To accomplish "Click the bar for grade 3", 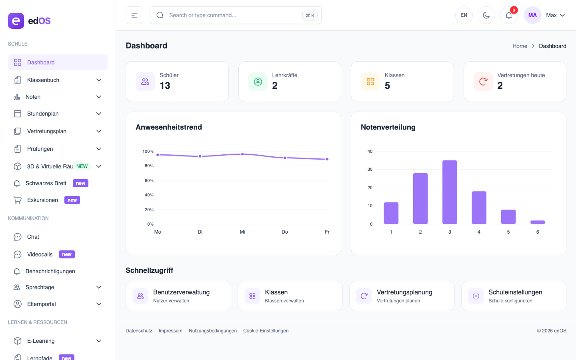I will pyautogui.click(x=450, y=192).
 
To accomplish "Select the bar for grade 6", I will pyautogui.click(x=538, y=222).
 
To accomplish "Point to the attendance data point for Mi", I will pyautogui.click(x=242, y=154).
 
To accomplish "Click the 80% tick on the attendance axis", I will pyautogui.click(x=149, y=166).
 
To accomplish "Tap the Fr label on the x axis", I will pyautogui.click(x=327, y=232).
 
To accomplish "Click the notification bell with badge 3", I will pyautogui.click(x=509, y=15).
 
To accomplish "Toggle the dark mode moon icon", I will pyautogui.click(x=486, y=15).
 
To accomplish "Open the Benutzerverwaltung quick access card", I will pyautogui.click(x=178, y=296).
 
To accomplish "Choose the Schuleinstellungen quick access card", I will pyautogui.click(x=514, y=296).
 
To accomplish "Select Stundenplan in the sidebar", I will pyautogui.click(x=43, y=114).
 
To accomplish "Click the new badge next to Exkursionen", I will pyautogui.click(x=72, y=200).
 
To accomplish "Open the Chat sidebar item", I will pyautogui.click(x=33, y=237).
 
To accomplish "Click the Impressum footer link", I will pyautogui.click(x=170, y=331).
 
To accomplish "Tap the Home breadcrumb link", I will pyautogui.click(x=520, y=46).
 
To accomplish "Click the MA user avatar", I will pyautogui.click(x=532, y=15).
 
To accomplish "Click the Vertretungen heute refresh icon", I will pyautogui.click(x=483, y=82).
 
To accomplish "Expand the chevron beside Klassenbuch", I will pyautogui.click(x=99, y=80).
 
